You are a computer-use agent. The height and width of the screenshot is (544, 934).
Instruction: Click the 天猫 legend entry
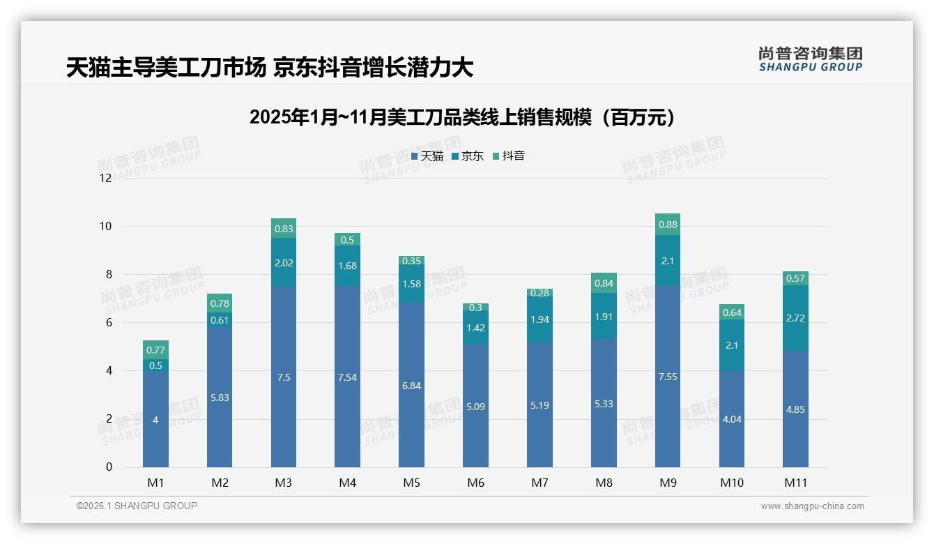coord(427,156)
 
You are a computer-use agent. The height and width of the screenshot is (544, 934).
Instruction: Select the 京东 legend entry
coord(468,156)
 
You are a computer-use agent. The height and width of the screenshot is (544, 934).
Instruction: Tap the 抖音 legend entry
coord(509,156)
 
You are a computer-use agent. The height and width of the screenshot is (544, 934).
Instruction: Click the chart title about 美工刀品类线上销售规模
coord(463,117)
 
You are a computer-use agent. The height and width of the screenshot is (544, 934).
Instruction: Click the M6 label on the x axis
coord(475,483)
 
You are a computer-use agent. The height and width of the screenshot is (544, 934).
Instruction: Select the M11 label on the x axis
coord(795,483)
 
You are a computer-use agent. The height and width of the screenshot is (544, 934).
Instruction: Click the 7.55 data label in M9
coord(667,377)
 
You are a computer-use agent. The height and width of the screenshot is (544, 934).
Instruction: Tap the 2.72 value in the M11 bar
coord(795,318)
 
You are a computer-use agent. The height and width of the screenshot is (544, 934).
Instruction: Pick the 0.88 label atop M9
coord(667,225)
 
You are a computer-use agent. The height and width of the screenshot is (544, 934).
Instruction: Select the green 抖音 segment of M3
coord(284,228)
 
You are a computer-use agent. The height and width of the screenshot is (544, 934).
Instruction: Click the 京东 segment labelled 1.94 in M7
coord(539,319)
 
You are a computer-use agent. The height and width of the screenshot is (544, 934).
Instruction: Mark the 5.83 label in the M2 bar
coord(220,398)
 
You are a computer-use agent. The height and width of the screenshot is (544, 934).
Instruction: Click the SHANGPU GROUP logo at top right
coord(810,59)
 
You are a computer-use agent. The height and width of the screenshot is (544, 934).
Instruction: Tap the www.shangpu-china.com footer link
coord(812,506)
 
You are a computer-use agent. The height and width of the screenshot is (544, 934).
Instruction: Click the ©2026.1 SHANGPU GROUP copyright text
coord(137,506)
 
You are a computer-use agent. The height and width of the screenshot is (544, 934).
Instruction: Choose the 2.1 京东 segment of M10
coord(731,345)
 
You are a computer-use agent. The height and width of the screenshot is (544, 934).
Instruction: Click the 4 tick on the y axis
coord(108,371)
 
